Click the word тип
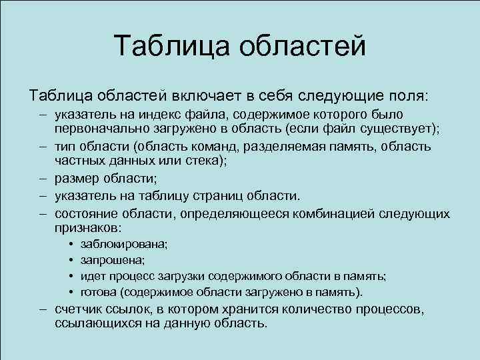tap(65, 146)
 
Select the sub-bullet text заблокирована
tap(123, 245)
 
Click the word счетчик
tap(80, 310)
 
